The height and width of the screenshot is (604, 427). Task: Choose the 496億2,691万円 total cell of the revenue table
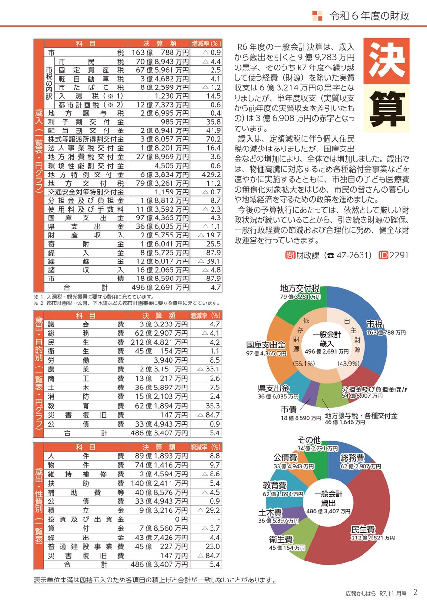(159, 288)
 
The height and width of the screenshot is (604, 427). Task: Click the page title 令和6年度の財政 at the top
(369, 15)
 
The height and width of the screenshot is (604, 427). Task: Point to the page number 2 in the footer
(415, 592)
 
